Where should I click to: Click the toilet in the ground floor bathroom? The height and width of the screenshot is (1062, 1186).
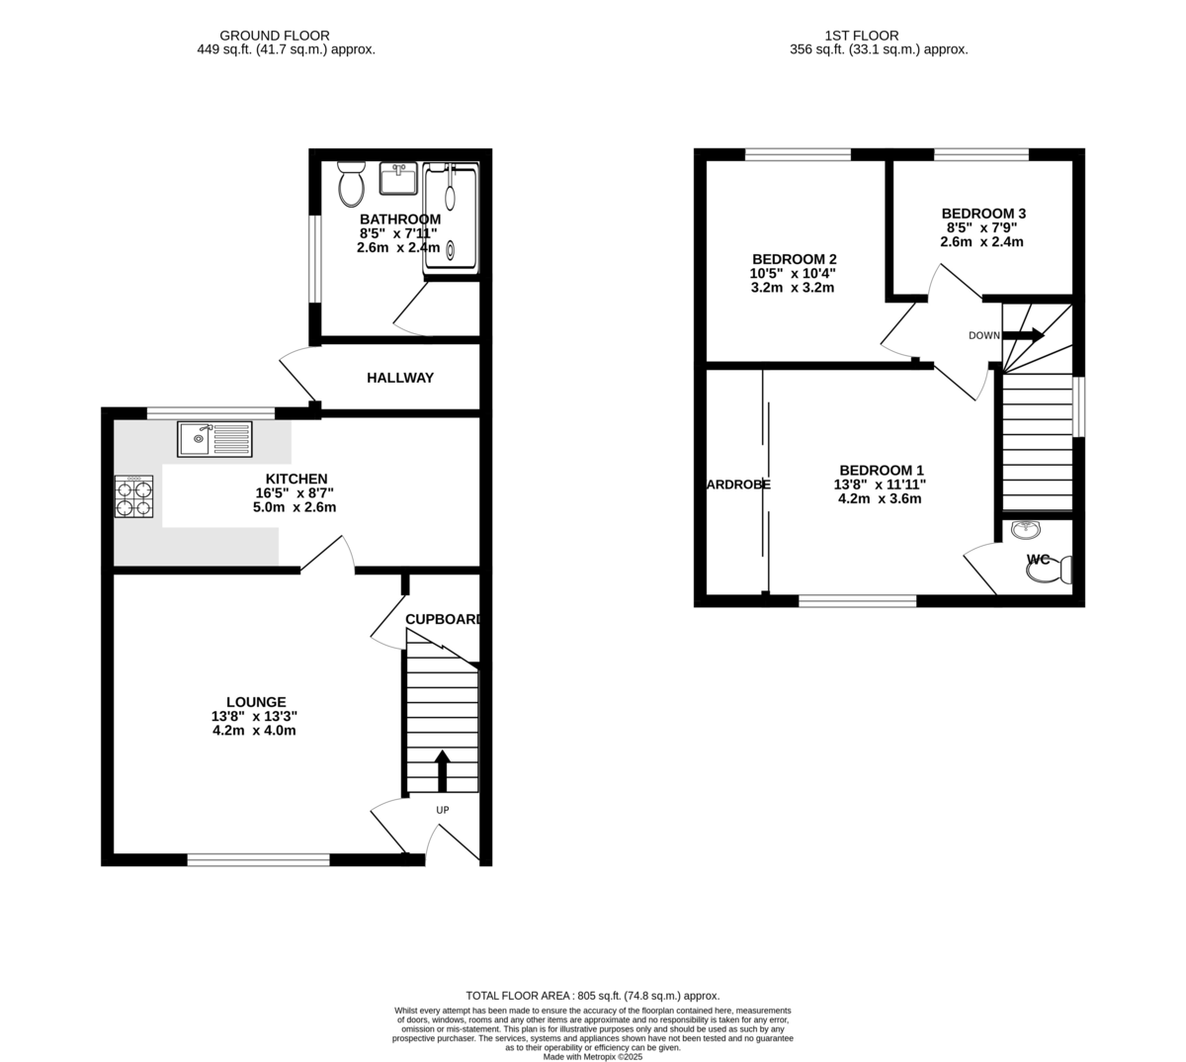click(x=350, y=184)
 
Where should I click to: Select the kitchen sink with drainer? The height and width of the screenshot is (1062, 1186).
click(x=214, y=439)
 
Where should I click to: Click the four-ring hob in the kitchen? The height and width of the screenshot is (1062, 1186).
click(x=134, y=496)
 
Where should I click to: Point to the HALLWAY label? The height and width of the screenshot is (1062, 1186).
click(x=400, y=378)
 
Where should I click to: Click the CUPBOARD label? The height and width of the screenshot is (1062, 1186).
click(x=443, y=620)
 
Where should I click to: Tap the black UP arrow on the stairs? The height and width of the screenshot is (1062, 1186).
click(x=442, y=770)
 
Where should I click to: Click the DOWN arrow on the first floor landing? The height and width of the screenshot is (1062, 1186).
click(x=1024, y=335)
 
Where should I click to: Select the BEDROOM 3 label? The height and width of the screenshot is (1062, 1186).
click(x=983, y=214)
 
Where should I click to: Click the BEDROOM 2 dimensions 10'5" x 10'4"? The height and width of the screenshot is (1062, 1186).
click(x=794, y=274)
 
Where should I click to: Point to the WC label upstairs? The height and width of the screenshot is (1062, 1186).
click(x=1038, y=560)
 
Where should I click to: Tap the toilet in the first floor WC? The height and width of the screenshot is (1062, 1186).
click(x=1052, y=571)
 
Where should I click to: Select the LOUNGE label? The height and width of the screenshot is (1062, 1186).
click(x=254, y=702)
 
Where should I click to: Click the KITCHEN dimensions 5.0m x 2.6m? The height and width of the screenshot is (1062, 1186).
click(x=295, y=507)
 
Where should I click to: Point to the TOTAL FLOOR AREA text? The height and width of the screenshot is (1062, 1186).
click(x=592, y=996)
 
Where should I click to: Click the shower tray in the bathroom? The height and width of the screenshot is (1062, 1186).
click(x=452, y=220)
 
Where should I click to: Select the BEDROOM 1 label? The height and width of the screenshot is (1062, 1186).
click(x=881, y=470)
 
